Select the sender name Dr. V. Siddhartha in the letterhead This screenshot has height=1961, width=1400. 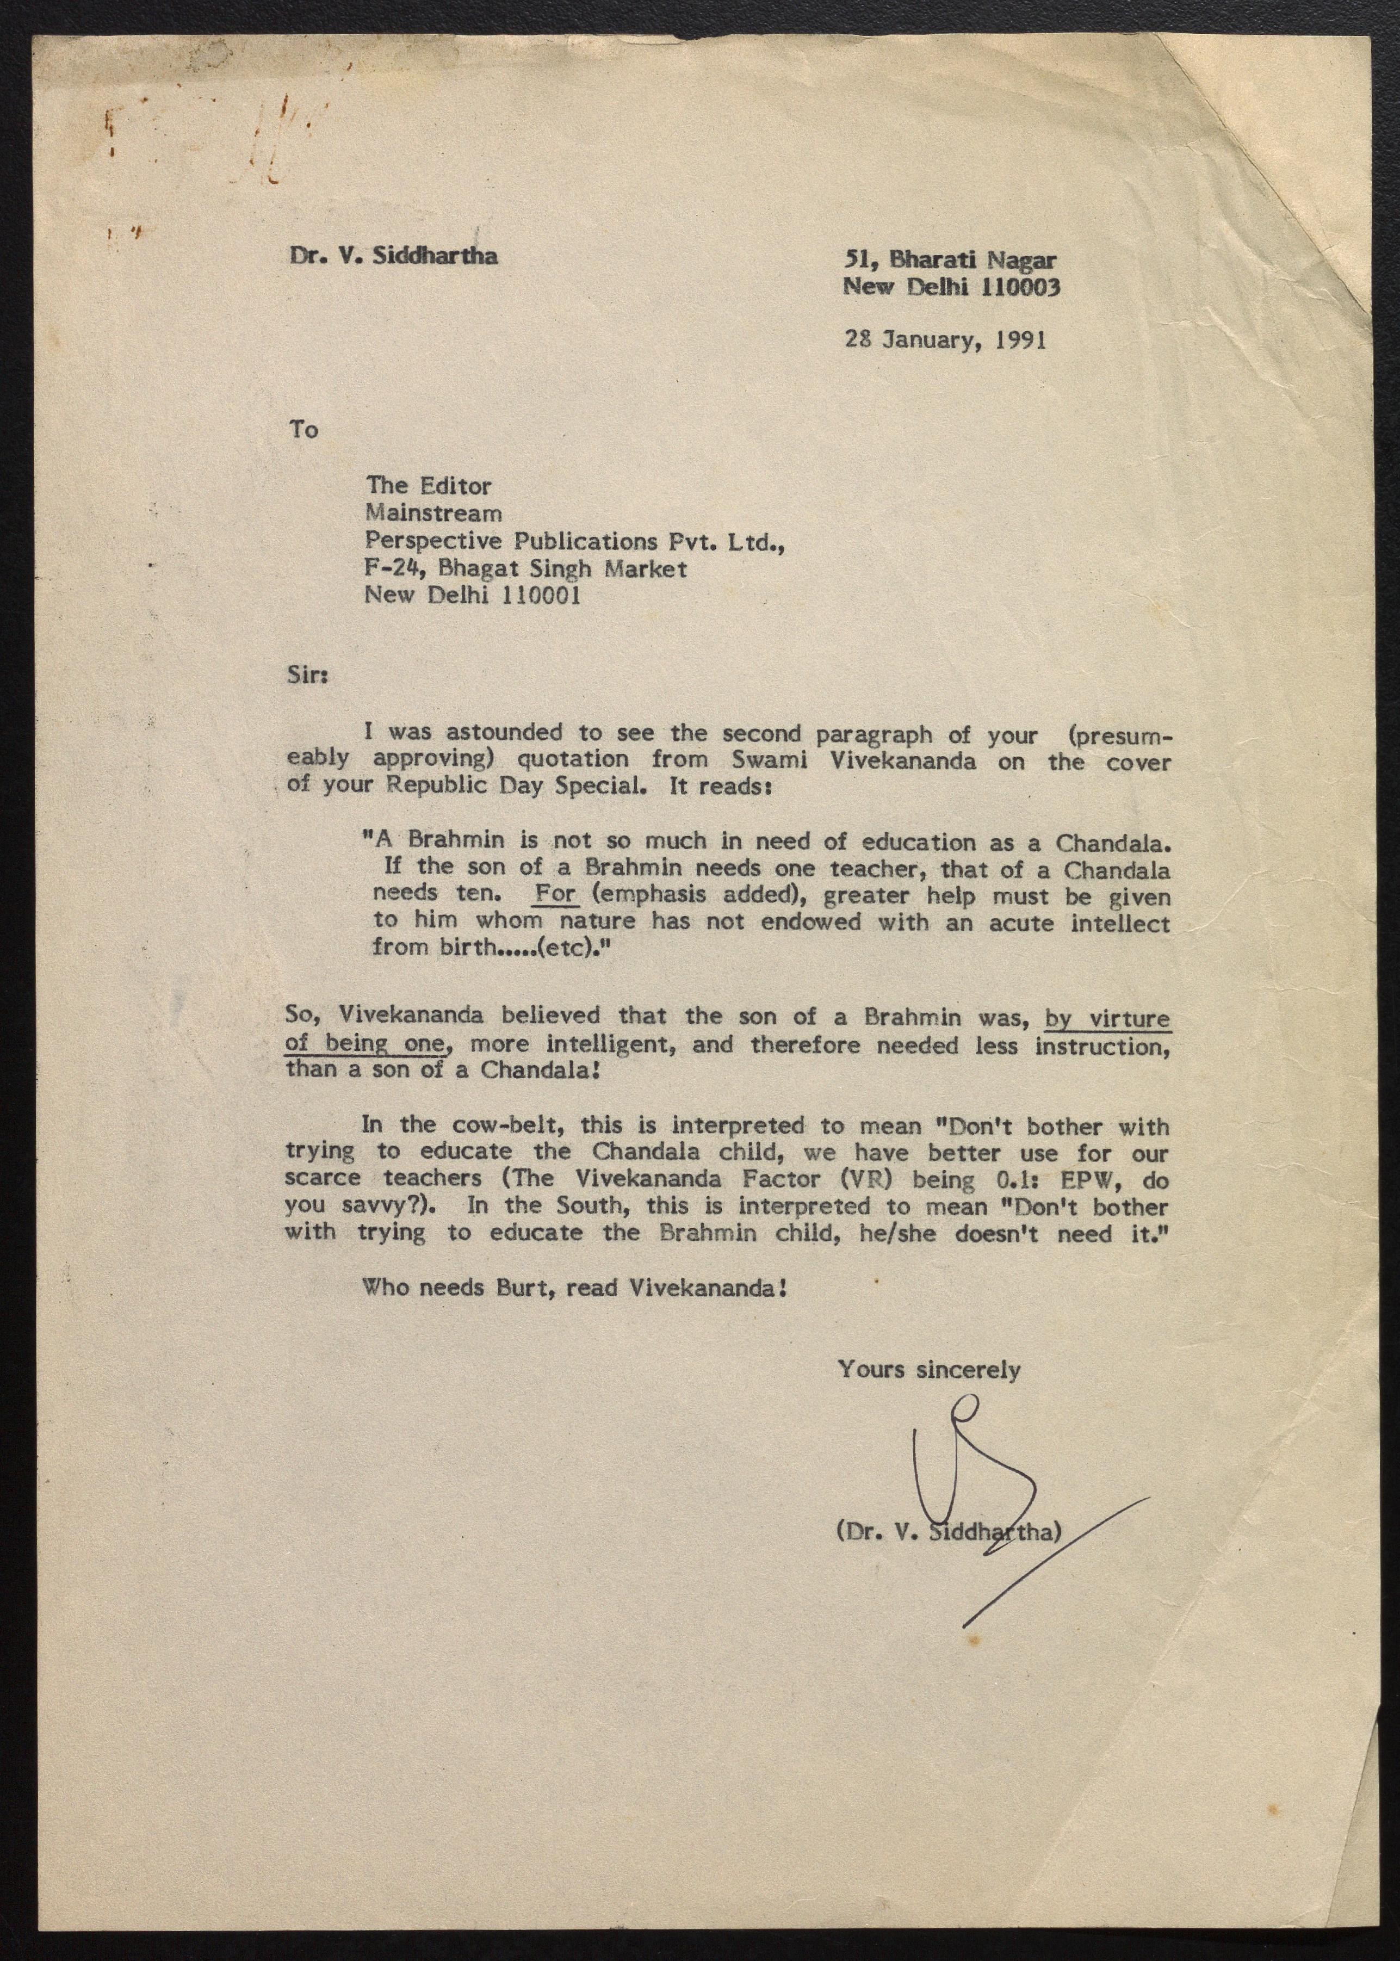pyautogui.click(x=393, y=256)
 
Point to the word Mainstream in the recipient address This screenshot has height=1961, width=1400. pyautogui.click(x=433, y=513)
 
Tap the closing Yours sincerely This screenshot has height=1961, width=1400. pyautogui.click(x=928, y=1369)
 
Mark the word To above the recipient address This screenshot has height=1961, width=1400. pyautogui.click(x=303, y=429)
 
